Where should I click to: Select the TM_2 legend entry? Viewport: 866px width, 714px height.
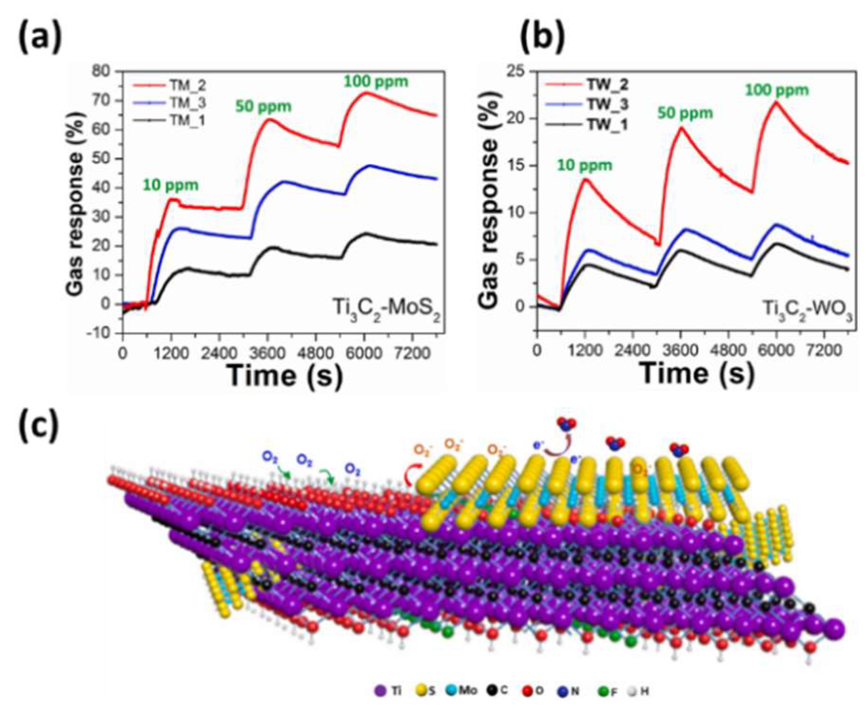pos(188,86)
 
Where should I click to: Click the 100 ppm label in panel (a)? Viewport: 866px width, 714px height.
pos(376,82)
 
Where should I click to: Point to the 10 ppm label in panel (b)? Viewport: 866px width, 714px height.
pos(584,165)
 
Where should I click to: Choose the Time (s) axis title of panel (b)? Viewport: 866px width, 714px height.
pos(698,373)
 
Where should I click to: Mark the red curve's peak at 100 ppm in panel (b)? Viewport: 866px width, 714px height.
pos(776,102)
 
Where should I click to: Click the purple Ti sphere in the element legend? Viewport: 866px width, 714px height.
pos(380,691)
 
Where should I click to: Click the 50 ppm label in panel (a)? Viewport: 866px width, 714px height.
pos(263,106)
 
